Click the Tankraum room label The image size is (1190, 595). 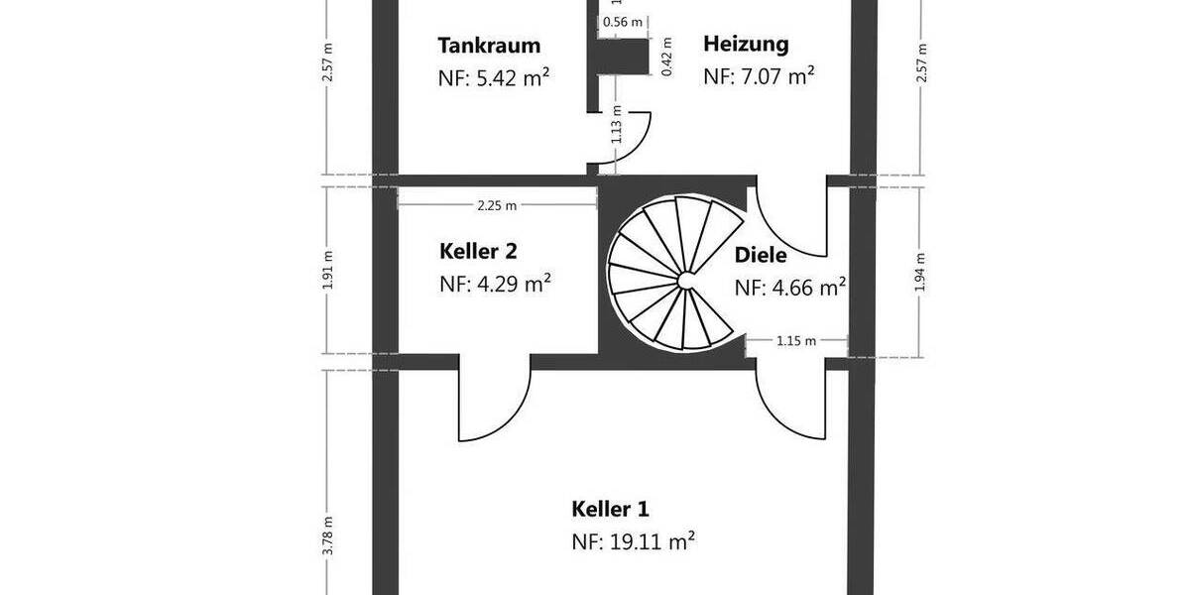(x=489, y=46)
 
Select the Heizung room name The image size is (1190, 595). (x=746, y=44)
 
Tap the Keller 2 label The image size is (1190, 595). (x=478, y=251)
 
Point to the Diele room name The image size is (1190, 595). (x=761, y=255)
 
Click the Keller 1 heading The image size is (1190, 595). (x=610, y=510)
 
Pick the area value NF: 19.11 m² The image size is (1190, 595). (x=633, y=541)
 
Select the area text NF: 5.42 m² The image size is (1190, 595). (x=495, y=77)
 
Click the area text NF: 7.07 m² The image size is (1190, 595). (x=759, y=75)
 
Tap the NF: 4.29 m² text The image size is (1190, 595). (x=495, y=284)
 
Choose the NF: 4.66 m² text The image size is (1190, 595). (x=789, y=288)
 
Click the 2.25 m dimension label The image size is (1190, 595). (x=497, y=206)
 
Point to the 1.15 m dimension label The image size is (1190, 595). (x=795, y=341)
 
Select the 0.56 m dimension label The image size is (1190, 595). (x=623, y=22)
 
